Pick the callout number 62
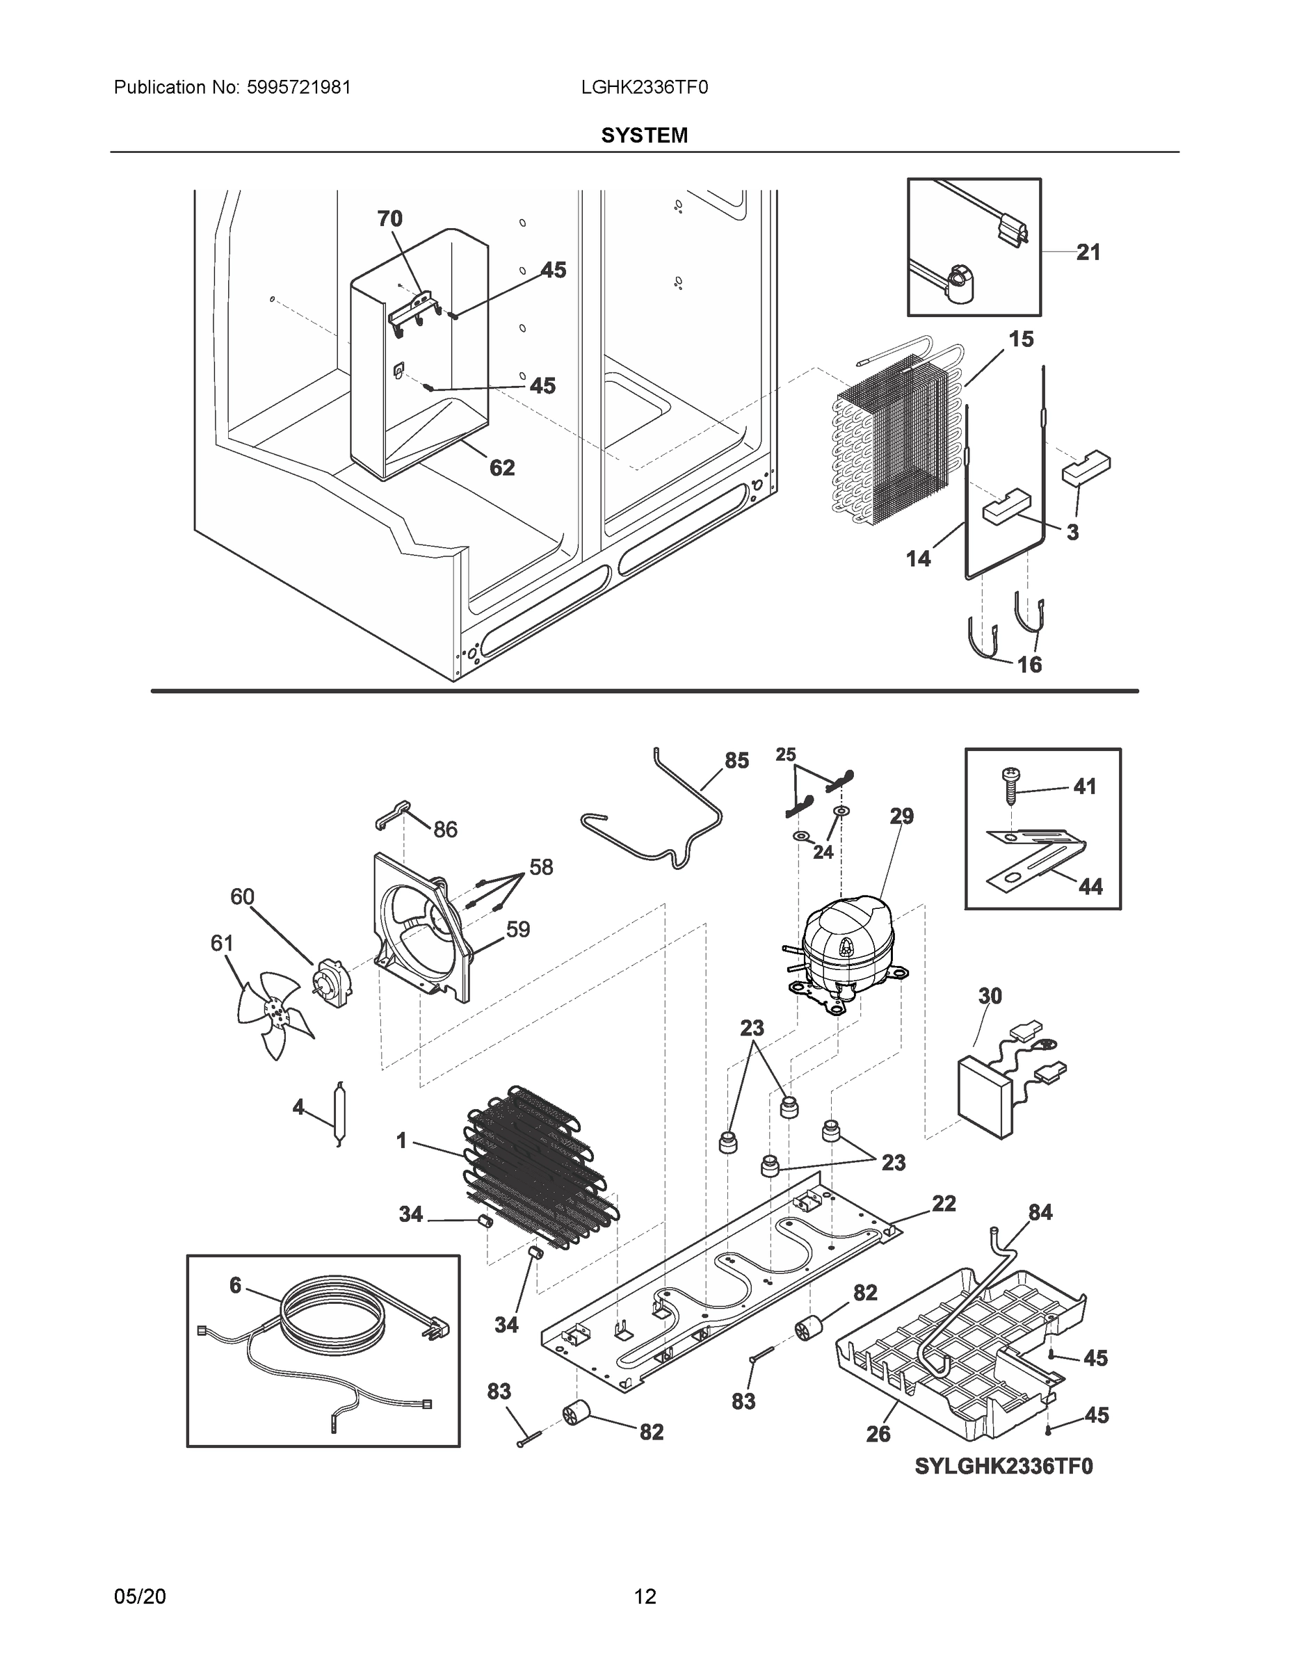pyautogui.click(x=502, y=468)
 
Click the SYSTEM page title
pyautogui.click(x=644, y=136)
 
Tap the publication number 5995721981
pyautogui.click(x=299, y=87)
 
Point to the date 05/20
pyautogui.click(x=140, y=1597)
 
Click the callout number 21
pyautogui.click(x=1088, y=252)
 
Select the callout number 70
pyautogui.click(x=389, y=218)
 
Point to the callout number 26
pyautogui.click(x=878, y=1435)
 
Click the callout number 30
pyautogui.click(x=990, y=996)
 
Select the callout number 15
pyautogui.click(x=1022, y=339)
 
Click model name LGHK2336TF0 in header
pyautogui.click(x=644, y=87)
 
